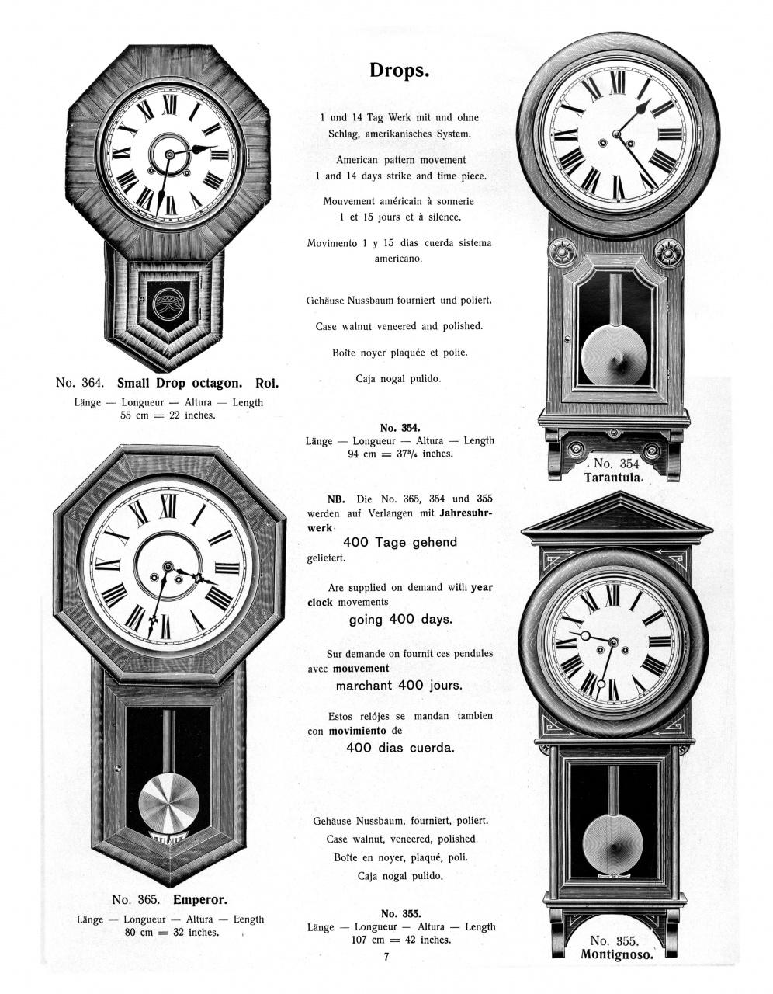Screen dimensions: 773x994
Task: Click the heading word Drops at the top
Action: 399,71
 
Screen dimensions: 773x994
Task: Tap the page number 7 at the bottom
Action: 386,957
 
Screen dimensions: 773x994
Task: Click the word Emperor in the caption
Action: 199,900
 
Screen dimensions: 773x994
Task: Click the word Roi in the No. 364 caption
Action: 267,384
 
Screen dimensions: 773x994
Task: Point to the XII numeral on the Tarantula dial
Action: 617,84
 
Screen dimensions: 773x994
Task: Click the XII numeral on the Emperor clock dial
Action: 168,506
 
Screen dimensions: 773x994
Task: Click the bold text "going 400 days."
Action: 400,620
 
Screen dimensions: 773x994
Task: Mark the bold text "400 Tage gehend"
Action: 400,543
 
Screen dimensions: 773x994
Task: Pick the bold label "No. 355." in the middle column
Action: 400,914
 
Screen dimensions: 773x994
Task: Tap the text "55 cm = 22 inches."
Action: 168,415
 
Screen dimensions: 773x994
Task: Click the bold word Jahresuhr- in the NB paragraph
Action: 466,513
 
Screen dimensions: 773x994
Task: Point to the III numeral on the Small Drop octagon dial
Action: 220,155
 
